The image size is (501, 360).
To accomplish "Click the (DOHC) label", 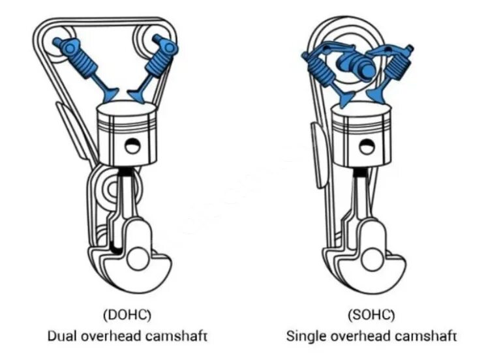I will tap(127, 315).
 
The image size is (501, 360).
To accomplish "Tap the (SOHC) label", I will tap(371, 315).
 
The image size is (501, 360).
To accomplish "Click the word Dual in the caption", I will tap(63, 336).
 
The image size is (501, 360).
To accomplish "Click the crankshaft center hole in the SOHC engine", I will tap(372, 257).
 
